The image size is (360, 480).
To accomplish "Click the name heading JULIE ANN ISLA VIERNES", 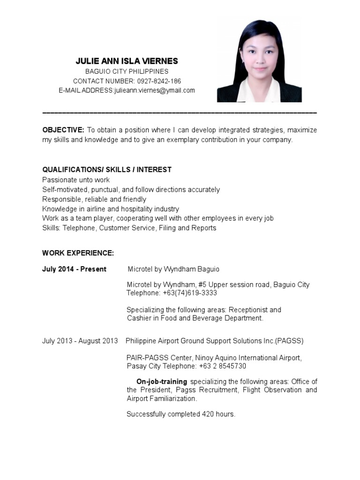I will pyautogui.click(x=127, y=61).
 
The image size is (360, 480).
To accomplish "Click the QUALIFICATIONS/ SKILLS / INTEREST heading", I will pyautogui.click(x=107, y=169).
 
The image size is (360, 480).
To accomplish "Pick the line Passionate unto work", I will pyautogui.click(x=76, y=180).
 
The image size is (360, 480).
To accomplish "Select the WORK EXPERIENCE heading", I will pyautogui.click(x=78, y=253).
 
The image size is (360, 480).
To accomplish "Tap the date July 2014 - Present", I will pyautogui.click(x=74, y=269).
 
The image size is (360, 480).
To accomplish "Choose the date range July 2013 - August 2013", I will pyautogui.click(x=80, y=341).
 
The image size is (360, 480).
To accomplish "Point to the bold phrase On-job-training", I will pyautogui.click(x=162, y=382).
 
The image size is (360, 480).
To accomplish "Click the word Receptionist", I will pyautogui.click(x=248, y=310).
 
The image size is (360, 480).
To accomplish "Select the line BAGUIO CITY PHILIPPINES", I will pyautogui.click(x=127, y=72).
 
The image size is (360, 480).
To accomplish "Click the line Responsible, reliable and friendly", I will pyautogui.click(x=94, y=199).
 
